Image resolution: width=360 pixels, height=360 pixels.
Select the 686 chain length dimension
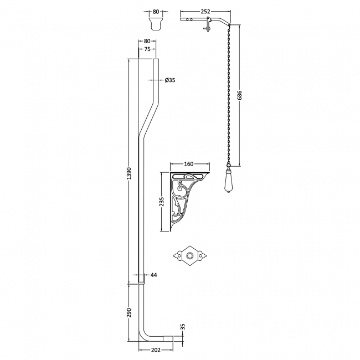240,95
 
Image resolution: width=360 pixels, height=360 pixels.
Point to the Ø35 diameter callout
171,80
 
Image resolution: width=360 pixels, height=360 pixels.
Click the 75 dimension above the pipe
147,49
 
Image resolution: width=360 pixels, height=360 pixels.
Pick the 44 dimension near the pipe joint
154,275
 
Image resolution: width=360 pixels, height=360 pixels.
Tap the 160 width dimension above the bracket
189,164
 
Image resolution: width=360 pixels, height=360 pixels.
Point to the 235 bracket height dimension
162,202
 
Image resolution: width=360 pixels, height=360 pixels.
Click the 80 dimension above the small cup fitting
156,11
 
